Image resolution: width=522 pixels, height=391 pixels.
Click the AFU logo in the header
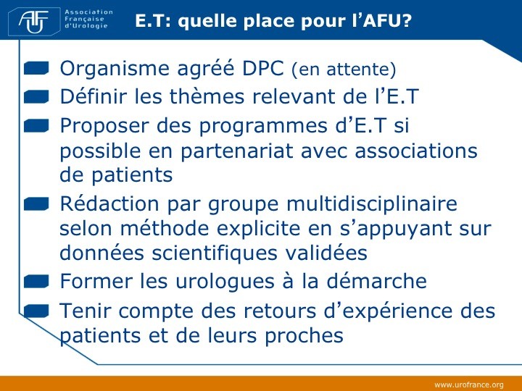pyautogui.click(x=34, y=22)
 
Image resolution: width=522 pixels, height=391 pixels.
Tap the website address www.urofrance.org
pyautogui.click(x=469, y=384)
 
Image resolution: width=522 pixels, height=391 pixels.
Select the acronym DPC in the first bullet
pyautogui.click(x=262, y=68)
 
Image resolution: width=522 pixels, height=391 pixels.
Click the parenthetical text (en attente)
pyautogui.click(x=344, y=70)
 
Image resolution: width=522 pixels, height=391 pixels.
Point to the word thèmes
pyautogui.click(x=207, y=96)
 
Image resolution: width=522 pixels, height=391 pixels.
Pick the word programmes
pyautogui.click(x=263, y=127)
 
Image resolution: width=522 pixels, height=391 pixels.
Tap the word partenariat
pyautogui.click(x=236, y=151)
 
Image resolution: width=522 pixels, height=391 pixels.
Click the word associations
pyautogui.click(x=416, y=151)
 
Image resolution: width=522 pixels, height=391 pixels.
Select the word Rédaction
pyautogui.click(x=109, y=203)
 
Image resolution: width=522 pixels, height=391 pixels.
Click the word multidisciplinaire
pyautogui.click(x=372, y=203)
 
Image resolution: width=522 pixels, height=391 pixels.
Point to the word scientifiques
pyautogui.click(x=215, y=253)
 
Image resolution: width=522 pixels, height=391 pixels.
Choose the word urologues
pyautogui.click(x=225, y=282)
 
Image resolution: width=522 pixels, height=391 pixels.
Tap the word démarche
pyautogui.click(x=376, y=281)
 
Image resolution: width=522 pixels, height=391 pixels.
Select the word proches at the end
pyautogui.click(x=304, y=336)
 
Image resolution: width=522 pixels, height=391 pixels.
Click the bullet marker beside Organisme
pyautogui.click(x=37, y=68)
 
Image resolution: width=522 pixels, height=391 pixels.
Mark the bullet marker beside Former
pyautogui.click(x=37, y=281)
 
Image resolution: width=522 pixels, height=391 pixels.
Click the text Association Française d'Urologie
pyautogui.click(x=89, y=19)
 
